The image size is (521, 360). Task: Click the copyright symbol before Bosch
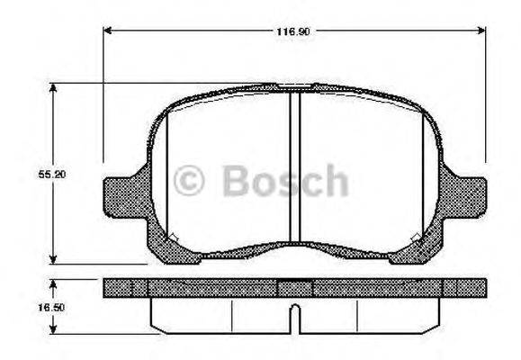click(189, 181)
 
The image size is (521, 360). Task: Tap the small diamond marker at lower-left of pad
click(174, 238)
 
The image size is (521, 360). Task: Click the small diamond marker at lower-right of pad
click(415, 238)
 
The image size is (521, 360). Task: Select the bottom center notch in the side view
click(293, 314)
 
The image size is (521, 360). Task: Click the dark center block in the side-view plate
click(293, 289)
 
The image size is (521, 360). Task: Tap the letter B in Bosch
click(236, 181)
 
